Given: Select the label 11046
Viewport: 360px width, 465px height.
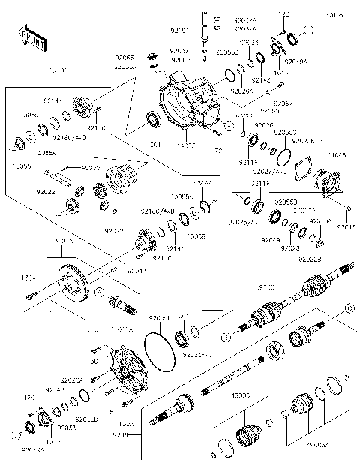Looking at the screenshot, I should pyautogui.click(x=337, y=155).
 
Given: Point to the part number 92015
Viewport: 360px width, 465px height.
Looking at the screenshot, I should pyautogui.click(x=345, y=226).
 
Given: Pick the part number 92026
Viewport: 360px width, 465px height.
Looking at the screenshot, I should pyautogui.click(x=263, y=125).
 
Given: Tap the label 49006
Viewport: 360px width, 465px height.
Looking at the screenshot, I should pyautogui.click(x=241, y=394).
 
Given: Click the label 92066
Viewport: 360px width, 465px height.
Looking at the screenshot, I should pyautogui.click(x=124, y=58).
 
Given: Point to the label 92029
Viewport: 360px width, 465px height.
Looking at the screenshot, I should pyautogui.click(x=270, y=239).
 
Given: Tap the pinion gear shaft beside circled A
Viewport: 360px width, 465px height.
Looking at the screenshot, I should pyautogui.click(x=120, y=304).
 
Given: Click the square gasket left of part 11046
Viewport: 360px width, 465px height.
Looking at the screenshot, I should pyautogui.click(x=302, y=169).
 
